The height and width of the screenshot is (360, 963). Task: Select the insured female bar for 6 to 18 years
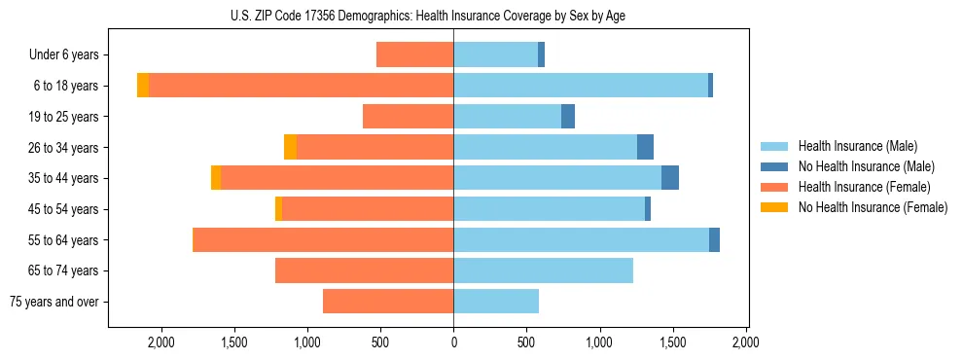pyautogui.click(x=302, y=86)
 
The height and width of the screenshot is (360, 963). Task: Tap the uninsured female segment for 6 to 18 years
pyautogui.click(x=143, y=86)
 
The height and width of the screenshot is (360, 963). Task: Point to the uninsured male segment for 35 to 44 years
pyautogui.click(x=670, y=178)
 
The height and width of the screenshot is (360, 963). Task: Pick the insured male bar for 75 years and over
pyautogui.click(x=496, y=302)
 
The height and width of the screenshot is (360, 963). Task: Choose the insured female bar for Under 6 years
pyautogui.click(x=415, y=55)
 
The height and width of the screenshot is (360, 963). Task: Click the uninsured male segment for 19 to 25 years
pyautogui.click(x=568, y=117)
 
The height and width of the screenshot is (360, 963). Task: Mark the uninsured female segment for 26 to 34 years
pyautogui.click(x=290, y=147)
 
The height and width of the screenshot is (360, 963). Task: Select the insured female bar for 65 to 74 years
pyautogui.click(x=365, y=270)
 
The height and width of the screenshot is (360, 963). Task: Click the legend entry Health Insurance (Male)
pyautogui.click(x=857, y=146)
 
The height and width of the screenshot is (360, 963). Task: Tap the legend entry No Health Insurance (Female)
pyautogui.click(x=873, y=207)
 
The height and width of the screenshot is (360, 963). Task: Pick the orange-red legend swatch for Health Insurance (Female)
pyautogui.click(x=774, y=187)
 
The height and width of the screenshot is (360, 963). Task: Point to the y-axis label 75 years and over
pyautogui.click(x=53, y=302)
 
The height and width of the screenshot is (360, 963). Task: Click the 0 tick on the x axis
pyautogui.click(x=453, y=342)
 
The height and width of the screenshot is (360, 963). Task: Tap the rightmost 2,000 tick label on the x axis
pyautogui.click(x=746, y=342)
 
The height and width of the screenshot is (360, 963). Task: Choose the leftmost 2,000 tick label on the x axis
pyautogui.click(x=160, y=342)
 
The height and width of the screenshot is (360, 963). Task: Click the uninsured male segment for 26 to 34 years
pyautogui.click(x=645, y=147)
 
